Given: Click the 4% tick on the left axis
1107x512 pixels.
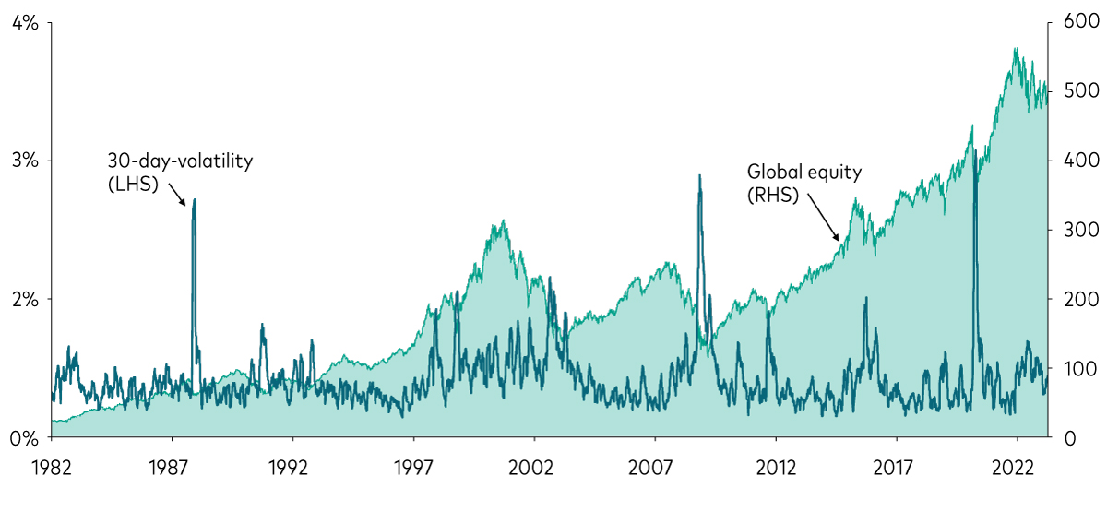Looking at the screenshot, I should (26, 23).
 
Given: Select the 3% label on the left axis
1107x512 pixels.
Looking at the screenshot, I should (26, 161).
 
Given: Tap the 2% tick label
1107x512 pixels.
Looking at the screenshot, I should (26, 299).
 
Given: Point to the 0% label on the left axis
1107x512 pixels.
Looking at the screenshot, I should (26, 437).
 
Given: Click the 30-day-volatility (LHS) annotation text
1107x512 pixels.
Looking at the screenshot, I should (180, 172).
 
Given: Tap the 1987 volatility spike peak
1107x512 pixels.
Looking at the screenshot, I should (194, 199).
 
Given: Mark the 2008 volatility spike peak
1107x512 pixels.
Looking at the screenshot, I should (699, 175).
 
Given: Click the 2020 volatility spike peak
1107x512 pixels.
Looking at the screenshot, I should (975, 149).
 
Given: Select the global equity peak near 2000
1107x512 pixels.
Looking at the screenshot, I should (503, 221).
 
